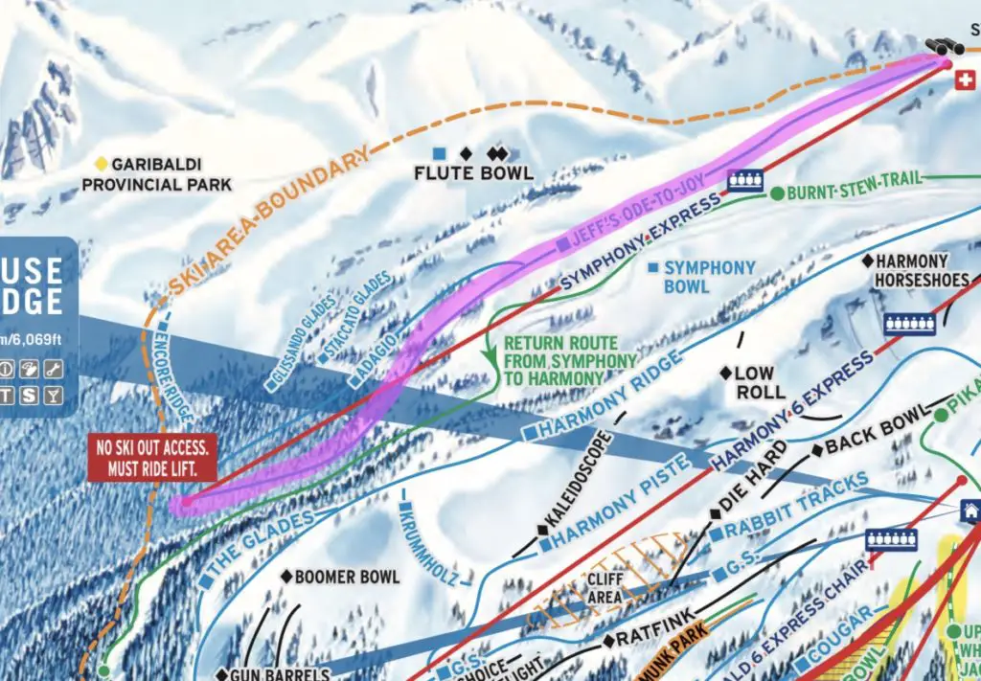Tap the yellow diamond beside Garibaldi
point(102,164)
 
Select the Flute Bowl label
point(472,173)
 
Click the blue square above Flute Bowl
point(439,153)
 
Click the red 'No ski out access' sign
point(151,458)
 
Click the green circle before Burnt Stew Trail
point(778,193)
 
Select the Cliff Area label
point(605,587)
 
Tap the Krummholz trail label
point(426,542)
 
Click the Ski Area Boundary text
point(268,220)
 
